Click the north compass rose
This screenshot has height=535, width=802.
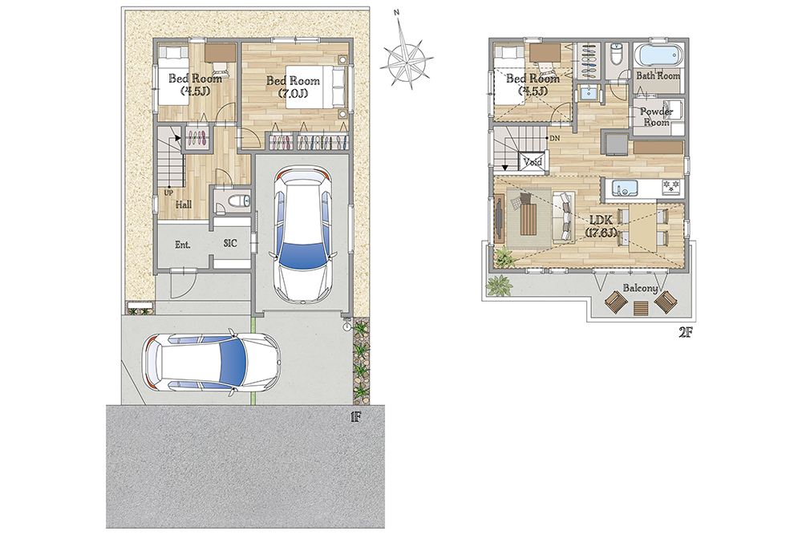(x=407, y=55)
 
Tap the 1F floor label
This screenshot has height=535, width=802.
(x=355, y=417)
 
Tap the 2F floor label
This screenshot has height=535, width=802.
(x=685, y=332)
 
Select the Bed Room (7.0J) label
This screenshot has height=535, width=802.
(x=293, y=87)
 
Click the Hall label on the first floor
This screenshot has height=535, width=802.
(x=184, y=205)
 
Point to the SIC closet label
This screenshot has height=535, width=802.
(x=230, y=244)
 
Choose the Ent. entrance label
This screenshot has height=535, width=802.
(x=183, y=245)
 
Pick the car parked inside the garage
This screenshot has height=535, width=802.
(x=303, y=235)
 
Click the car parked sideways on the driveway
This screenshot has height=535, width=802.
(x=212, y=363)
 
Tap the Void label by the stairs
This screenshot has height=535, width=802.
(x=533, y=162)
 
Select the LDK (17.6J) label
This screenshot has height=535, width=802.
(x=601, y=226)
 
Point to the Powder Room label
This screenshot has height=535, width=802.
(x=656, y=116)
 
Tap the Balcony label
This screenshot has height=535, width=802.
(x=640, y=288)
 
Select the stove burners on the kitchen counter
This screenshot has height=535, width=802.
(x=670, y=187)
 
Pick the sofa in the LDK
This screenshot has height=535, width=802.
(x=564, y=216)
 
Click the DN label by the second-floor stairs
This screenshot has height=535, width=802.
(x=554, y=138)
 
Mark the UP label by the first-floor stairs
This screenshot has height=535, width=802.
(x=168, y=193)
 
